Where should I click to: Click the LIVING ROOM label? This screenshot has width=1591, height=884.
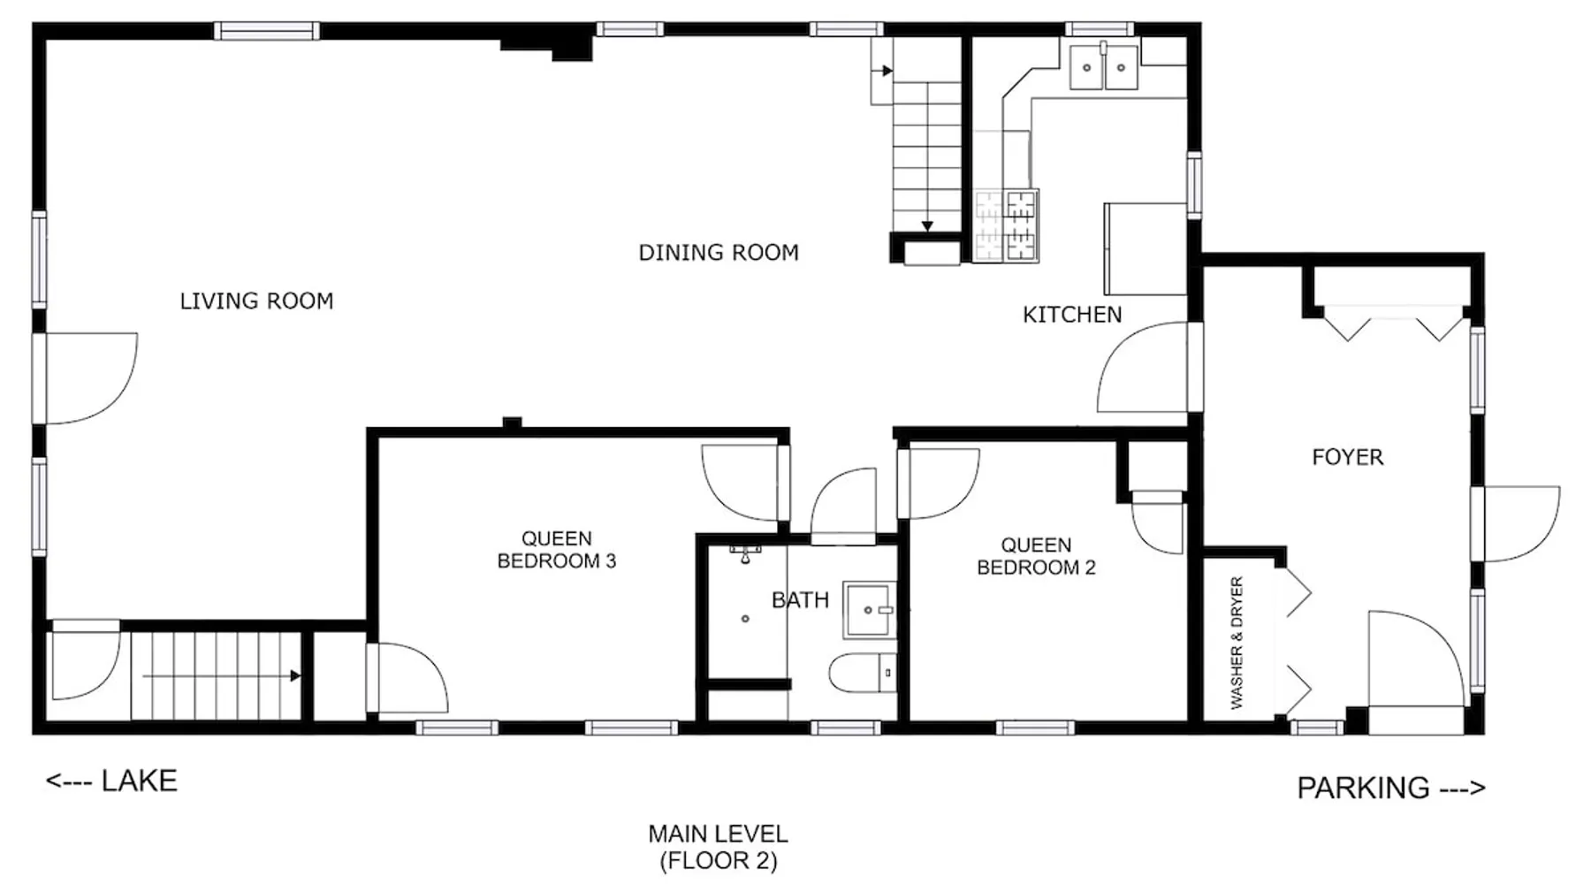256,301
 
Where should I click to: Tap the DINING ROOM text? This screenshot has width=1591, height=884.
719,253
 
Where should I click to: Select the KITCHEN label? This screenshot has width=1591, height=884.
1072,315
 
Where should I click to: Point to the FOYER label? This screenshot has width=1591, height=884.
1347,457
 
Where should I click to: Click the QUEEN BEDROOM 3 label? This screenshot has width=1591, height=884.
556,550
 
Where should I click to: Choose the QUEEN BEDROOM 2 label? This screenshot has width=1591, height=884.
1036,556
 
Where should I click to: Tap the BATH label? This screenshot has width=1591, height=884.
800,600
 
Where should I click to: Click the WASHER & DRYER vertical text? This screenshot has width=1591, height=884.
1237,643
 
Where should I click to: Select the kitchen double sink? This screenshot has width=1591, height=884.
1104,67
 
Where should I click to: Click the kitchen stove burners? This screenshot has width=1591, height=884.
1007,225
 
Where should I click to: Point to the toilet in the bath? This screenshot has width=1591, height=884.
863,674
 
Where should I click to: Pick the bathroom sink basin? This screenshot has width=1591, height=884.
869,610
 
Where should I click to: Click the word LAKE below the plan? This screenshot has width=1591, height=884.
140,781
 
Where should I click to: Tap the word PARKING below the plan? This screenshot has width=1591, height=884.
1363,788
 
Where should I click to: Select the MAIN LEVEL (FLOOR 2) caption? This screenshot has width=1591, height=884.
718,847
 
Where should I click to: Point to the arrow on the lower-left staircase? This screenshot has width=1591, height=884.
221,676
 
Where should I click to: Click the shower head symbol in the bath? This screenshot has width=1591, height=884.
745,553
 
